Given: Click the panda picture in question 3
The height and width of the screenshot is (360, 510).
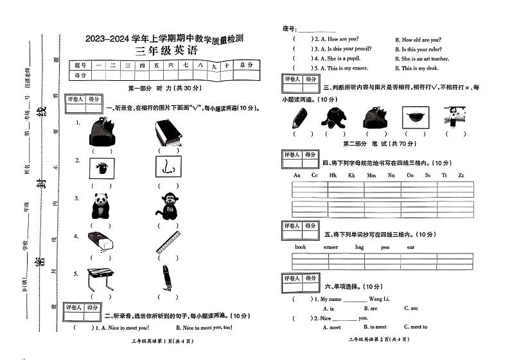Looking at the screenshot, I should point(100,206).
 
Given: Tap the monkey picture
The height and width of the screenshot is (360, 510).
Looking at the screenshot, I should point(168,207).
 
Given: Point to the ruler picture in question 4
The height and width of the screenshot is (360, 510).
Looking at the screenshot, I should point(168,244).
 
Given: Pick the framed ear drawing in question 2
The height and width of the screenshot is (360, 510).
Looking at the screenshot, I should point(168,168).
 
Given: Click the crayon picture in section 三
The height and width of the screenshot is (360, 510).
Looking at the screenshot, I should point(299,117).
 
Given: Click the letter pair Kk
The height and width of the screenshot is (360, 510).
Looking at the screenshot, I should point(351,175).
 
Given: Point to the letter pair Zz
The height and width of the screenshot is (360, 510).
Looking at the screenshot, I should point(461,175).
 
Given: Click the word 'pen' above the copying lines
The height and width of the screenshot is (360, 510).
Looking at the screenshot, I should point(385,246).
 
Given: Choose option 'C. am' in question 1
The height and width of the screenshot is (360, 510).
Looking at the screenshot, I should point(410,308).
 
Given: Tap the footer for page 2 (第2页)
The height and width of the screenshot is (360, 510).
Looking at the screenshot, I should point(378,339).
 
